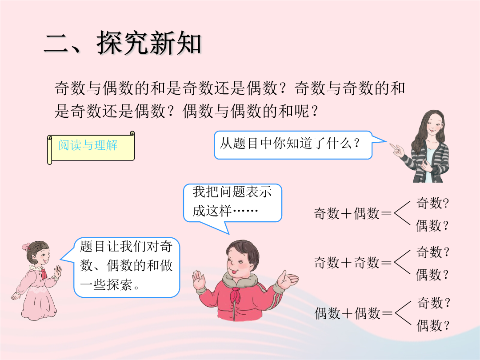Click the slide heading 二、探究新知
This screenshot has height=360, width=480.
point(123,43)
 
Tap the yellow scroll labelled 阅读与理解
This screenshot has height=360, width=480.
point(91,148)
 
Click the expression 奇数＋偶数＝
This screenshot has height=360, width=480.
point(352,213)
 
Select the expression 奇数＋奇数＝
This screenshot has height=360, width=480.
point(352,262)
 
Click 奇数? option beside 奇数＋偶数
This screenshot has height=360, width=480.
point(432,203)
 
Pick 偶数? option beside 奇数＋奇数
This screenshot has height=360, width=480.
point(432,275)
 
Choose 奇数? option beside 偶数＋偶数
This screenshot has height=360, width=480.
point(433,303)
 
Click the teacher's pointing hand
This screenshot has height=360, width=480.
point(397,149)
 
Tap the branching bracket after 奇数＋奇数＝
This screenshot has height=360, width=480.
point(402,262)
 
